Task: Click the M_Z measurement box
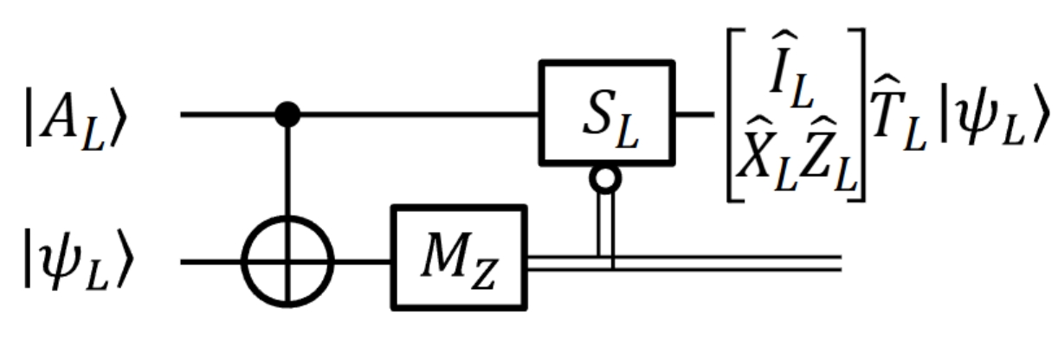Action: pos(458,257)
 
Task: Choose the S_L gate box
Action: pos(605,112)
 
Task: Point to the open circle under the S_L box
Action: pos(605,178)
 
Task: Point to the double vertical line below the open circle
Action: pos(605,225)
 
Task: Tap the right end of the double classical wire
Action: pos(835,261)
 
